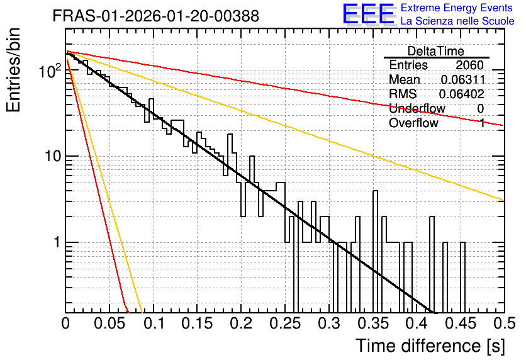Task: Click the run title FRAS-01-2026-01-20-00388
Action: pos(156,16)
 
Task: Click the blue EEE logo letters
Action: pos(369,14)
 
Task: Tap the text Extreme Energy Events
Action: pos(457,8)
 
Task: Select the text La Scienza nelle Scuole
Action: pos(457,21)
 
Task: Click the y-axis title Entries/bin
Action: pos(13,70)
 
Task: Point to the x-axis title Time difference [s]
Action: pos(430,346)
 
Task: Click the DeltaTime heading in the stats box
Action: pos(436,51)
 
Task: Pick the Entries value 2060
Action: pos(469,65)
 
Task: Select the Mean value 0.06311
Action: pos(463,79)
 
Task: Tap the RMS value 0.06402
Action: pos(462,94)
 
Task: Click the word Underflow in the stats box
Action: pos(417,108)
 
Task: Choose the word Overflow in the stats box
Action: pos(413,123)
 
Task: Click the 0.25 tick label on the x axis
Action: pos(285,323)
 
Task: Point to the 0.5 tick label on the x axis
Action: pos(504,323)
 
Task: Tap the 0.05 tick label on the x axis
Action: pos(109,323)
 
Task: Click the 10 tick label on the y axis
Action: pos(53,156)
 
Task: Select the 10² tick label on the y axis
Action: pos(50,71)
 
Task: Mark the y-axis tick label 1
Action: pos(57,242)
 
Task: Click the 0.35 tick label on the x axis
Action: pos(373,323)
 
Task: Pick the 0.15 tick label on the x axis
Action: pos(198,323)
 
